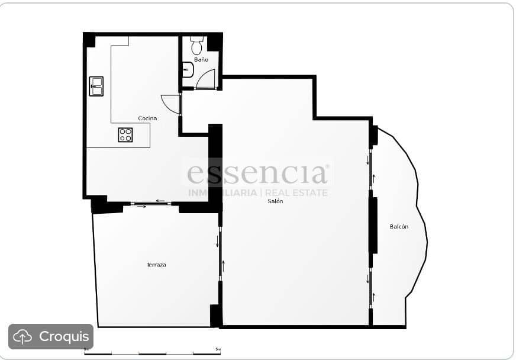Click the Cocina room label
tap(147, 118)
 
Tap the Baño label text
tap(201, 60)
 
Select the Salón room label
tap(275, 201)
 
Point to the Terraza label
tap(156, 265)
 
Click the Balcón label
tap(399, 227)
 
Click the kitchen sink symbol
tap(96, 86)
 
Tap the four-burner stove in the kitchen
tap(125, 134)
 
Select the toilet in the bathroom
tap(197, 44)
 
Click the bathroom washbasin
tap(188, 70)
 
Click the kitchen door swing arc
tap(170, 104)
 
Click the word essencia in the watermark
tap(257, 174)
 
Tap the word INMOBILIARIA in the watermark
tap(222, 193)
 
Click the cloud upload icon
tap(22, 337)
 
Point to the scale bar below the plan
tap(152, 352)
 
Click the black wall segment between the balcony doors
tap(373, 225)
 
